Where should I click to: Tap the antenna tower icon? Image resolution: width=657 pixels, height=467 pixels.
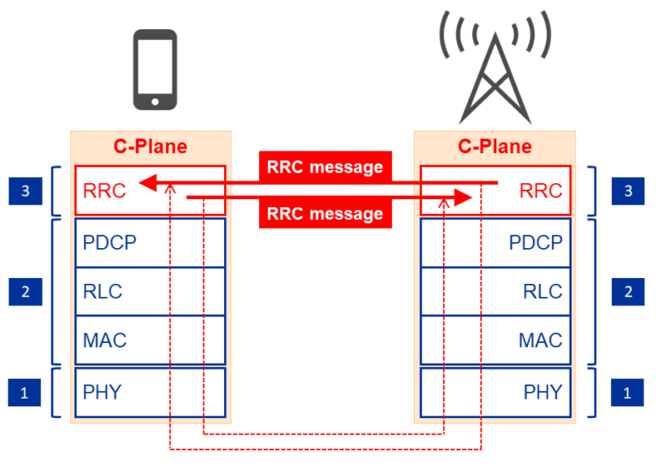click(493, 73)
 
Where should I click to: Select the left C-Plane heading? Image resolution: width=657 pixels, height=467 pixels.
click(150, 146)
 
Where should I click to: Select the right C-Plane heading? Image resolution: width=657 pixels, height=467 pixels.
click(494, 146)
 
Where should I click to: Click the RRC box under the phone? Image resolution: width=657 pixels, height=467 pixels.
click(150, 190)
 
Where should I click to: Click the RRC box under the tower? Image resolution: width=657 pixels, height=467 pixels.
click(494, 190)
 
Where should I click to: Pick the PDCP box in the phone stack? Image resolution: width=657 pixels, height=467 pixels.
click(150, 242)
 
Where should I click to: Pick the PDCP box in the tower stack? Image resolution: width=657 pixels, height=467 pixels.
click(494, 242)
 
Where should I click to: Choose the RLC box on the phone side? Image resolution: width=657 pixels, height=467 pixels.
click(150, 291)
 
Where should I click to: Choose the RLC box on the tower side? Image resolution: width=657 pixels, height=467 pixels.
click(494, 291)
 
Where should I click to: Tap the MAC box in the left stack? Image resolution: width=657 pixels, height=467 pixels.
click(150, 340)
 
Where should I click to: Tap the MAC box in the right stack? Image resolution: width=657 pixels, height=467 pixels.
click(494, 340)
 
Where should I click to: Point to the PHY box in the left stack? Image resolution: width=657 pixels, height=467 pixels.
click(150, 392)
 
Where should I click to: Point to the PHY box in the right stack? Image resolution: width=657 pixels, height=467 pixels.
click(494, 392)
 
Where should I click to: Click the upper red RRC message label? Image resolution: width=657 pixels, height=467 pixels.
click(325, 167)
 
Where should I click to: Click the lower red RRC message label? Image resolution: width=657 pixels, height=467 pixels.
click(325, 214)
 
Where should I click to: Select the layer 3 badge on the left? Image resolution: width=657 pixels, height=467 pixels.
click(25, 191)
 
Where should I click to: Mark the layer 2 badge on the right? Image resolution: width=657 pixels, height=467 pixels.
click(629, 292)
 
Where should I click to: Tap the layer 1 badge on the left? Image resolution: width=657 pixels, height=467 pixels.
click(25, 393)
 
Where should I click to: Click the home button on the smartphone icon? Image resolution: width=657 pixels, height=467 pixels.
click(155, 101)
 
